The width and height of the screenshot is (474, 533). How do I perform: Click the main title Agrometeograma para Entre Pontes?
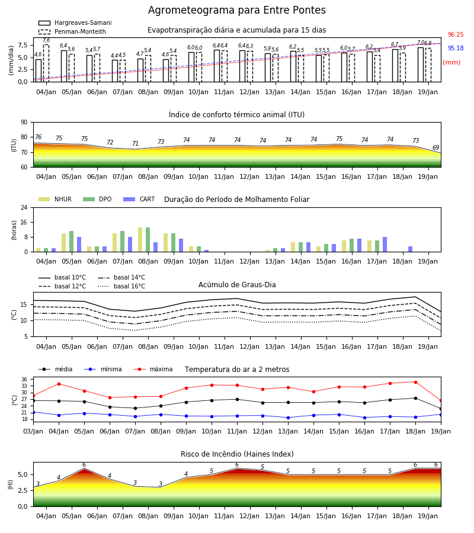point(236,10)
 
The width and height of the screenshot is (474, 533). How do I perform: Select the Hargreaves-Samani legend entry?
point(75,23)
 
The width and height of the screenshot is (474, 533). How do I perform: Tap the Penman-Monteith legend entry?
point(72,31)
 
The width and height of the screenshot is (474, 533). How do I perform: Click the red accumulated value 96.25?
point(456,35)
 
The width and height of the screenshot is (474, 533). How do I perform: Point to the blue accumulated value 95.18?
point(456,49)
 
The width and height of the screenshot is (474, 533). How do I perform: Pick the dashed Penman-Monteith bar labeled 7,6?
point(46,63)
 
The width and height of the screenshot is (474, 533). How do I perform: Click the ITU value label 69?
point(435,147)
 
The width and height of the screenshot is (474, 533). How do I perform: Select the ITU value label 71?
point(135,143)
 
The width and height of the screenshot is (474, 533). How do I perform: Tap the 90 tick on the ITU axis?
point(24,123)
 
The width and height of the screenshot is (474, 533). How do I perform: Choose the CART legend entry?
point(139,199)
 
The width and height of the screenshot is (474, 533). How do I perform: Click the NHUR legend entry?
point(55,199)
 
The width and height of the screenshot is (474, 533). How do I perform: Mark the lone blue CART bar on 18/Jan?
point(411,249)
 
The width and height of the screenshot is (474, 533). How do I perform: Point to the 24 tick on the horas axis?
point(24,207)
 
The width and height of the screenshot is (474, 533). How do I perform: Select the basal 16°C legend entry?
point(121,286)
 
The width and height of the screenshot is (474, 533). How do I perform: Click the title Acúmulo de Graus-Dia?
point(237,285)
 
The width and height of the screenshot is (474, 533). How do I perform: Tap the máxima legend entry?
point(153,369)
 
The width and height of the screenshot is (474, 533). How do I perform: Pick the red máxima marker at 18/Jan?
point(415,382)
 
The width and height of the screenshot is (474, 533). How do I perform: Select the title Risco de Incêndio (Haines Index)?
point(237,454)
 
